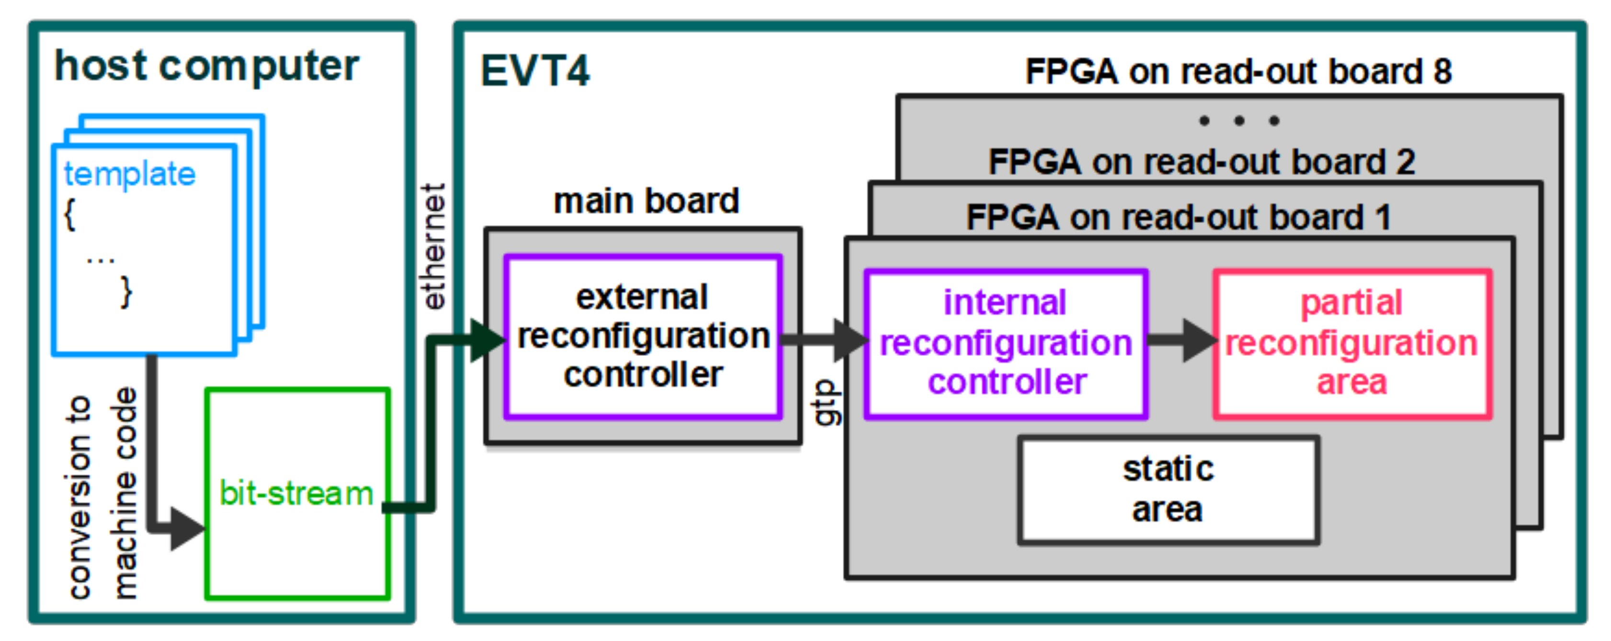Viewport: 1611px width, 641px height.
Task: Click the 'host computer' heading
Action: pos(206,66)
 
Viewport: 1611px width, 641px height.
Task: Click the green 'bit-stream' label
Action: pos(296,494)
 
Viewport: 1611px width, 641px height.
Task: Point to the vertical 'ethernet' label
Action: pos(433,247)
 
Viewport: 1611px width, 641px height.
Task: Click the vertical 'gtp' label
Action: pos(827,403)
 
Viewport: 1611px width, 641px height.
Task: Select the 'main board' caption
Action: pos(646,201)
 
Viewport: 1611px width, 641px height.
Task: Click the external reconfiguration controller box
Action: pos(643,336)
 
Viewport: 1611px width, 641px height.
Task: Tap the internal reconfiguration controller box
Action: pos(1006,343)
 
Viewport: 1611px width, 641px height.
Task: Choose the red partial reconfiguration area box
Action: pos(1351,343)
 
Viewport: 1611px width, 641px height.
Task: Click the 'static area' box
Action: pos(1168,489)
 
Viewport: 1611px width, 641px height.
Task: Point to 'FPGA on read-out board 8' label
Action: pos(1238,72)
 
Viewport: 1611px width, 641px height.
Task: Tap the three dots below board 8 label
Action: pos(1239,121)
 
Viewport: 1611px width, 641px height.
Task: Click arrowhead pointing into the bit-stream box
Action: pos(186,529)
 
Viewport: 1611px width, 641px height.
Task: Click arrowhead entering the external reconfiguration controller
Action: pos(487,341)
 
